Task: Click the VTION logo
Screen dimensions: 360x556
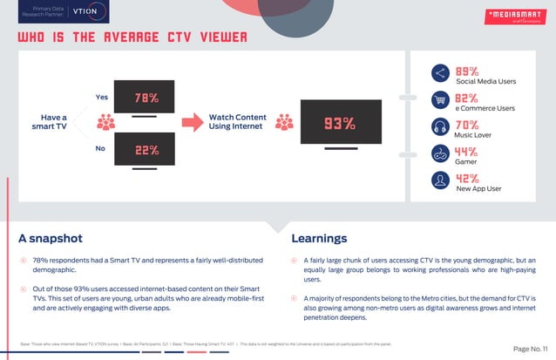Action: [89, 12]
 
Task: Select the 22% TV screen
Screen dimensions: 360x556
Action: [146, 150]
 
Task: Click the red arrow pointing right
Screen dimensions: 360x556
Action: [193, 122]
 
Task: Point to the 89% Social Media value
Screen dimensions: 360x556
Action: [467, 71]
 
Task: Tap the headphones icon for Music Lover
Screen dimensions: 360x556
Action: [440, 128]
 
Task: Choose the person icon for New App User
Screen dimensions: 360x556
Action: [440, 181]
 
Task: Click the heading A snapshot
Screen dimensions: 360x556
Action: [51, 238]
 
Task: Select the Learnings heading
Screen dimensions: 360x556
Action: [319, 238]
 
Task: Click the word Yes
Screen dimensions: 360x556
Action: [101, 96]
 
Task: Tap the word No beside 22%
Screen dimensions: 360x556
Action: [99, 149]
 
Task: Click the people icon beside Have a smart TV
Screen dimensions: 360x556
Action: [106, 123]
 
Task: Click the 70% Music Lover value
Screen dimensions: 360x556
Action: [467, 126]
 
